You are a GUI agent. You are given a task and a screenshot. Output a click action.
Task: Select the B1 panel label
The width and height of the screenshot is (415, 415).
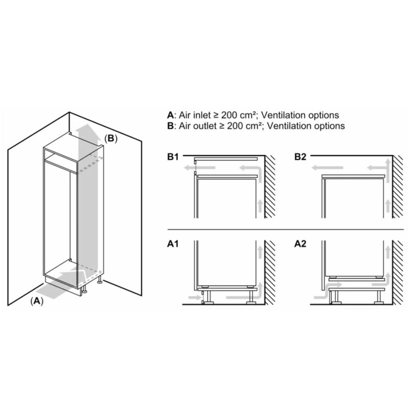click(x=173, y=156)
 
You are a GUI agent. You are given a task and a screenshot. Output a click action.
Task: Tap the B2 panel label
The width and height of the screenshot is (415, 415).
click(x=301, y=156)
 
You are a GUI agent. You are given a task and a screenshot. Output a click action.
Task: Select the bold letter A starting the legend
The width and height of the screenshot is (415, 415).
click(x=170, y=115)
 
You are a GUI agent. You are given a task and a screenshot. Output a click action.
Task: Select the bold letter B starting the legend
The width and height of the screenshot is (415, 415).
click(x=170, y=126)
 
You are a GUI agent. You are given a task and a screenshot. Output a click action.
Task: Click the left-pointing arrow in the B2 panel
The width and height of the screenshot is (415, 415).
click(x=326, y=168)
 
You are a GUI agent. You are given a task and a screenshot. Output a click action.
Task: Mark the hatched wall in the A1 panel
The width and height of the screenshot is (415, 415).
click(x=270, y=272)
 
